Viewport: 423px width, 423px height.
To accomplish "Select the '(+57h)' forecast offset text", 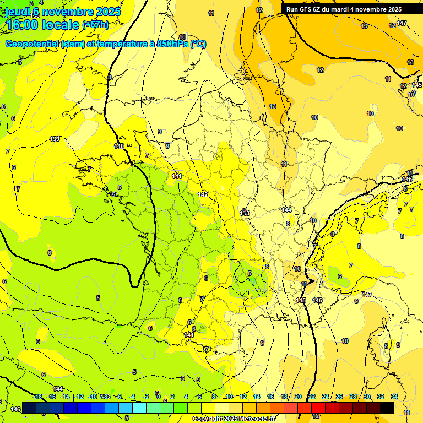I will pyautogui.click(x=95, y=25).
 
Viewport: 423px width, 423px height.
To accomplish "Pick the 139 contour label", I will pyautogui.click(x=55, y=139).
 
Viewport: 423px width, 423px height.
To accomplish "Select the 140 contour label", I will pyautogui.click(x=119, y=146).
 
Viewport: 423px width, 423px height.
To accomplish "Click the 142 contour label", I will pyautogui.click(x=203, y=194).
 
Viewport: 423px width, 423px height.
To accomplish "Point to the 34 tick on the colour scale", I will pyautogui.click(x=394, y=397).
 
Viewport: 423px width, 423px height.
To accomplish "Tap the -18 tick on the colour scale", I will pyautogui.click(x=37, y=397).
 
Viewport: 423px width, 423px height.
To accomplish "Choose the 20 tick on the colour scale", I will pyautogui.click(x=298, y=397).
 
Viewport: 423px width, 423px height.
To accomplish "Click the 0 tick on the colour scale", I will pyautogui.click(x=159, y=397).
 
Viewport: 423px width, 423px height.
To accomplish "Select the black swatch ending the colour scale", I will pyautogui.click(x=387, y=408).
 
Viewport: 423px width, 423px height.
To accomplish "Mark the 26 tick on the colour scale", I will pyautogui.click(x=339, y=397).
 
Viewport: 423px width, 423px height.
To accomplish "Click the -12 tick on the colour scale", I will pyautogui.click(x=79, y=397).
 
